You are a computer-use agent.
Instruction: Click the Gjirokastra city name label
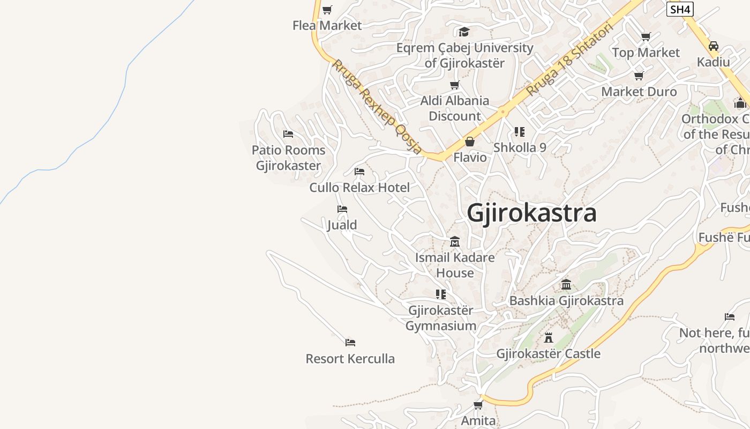(x=531, y=213)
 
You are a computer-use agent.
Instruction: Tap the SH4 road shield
(x=680, y=9)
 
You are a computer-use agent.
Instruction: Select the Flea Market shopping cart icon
(x=327, y=10)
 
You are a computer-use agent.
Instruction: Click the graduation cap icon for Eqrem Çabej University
(x=464, y=32)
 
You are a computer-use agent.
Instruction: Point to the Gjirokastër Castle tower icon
(x=548, y=338)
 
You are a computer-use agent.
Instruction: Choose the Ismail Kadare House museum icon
(x=455, y=242)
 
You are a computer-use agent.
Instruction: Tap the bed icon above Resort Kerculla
(x=350, y=342)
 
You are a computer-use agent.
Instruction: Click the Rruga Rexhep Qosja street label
(x=377, y=107)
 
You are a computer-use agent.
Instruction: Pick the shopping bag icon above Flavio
(x=470, y=142)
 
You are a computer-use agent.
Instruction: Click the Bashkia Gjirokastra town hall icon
(x=566, y=285)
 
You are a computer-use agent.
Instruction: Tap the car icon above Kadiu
(x=713, y=46)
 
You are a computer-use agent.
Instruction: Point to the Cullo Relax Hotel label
(x=359, y=188)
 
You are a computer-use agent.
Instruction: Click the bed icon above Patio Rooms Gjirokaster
(x=288, y=134)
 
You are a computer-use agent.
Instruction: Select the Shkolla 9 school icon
(x=519, y=131)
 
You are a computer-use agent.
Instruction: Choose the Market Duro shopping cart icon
(x=639, y=76)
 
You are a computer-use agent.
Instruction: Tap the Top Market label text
(x=646, y=53)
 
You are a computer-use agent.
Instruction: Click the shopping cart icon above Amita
(x=478, y=405)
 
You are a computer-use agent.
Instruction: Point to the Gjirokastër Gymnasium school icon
(x=441, y=294)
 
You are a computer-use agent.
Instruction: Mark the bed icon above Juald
(x=342, y=209)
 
